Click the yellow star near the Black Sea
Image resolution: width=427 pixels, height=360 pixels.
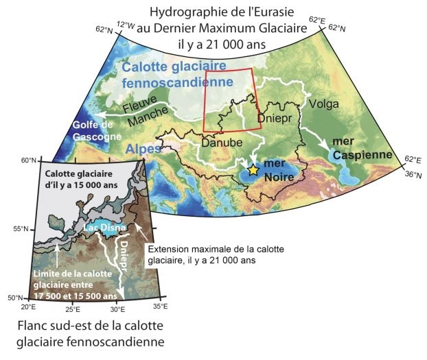pyautogui.click(x=253, y=169)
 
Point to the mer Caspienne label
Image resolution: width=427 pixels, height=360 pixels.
pyautogui.click(x=362, y=149)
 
